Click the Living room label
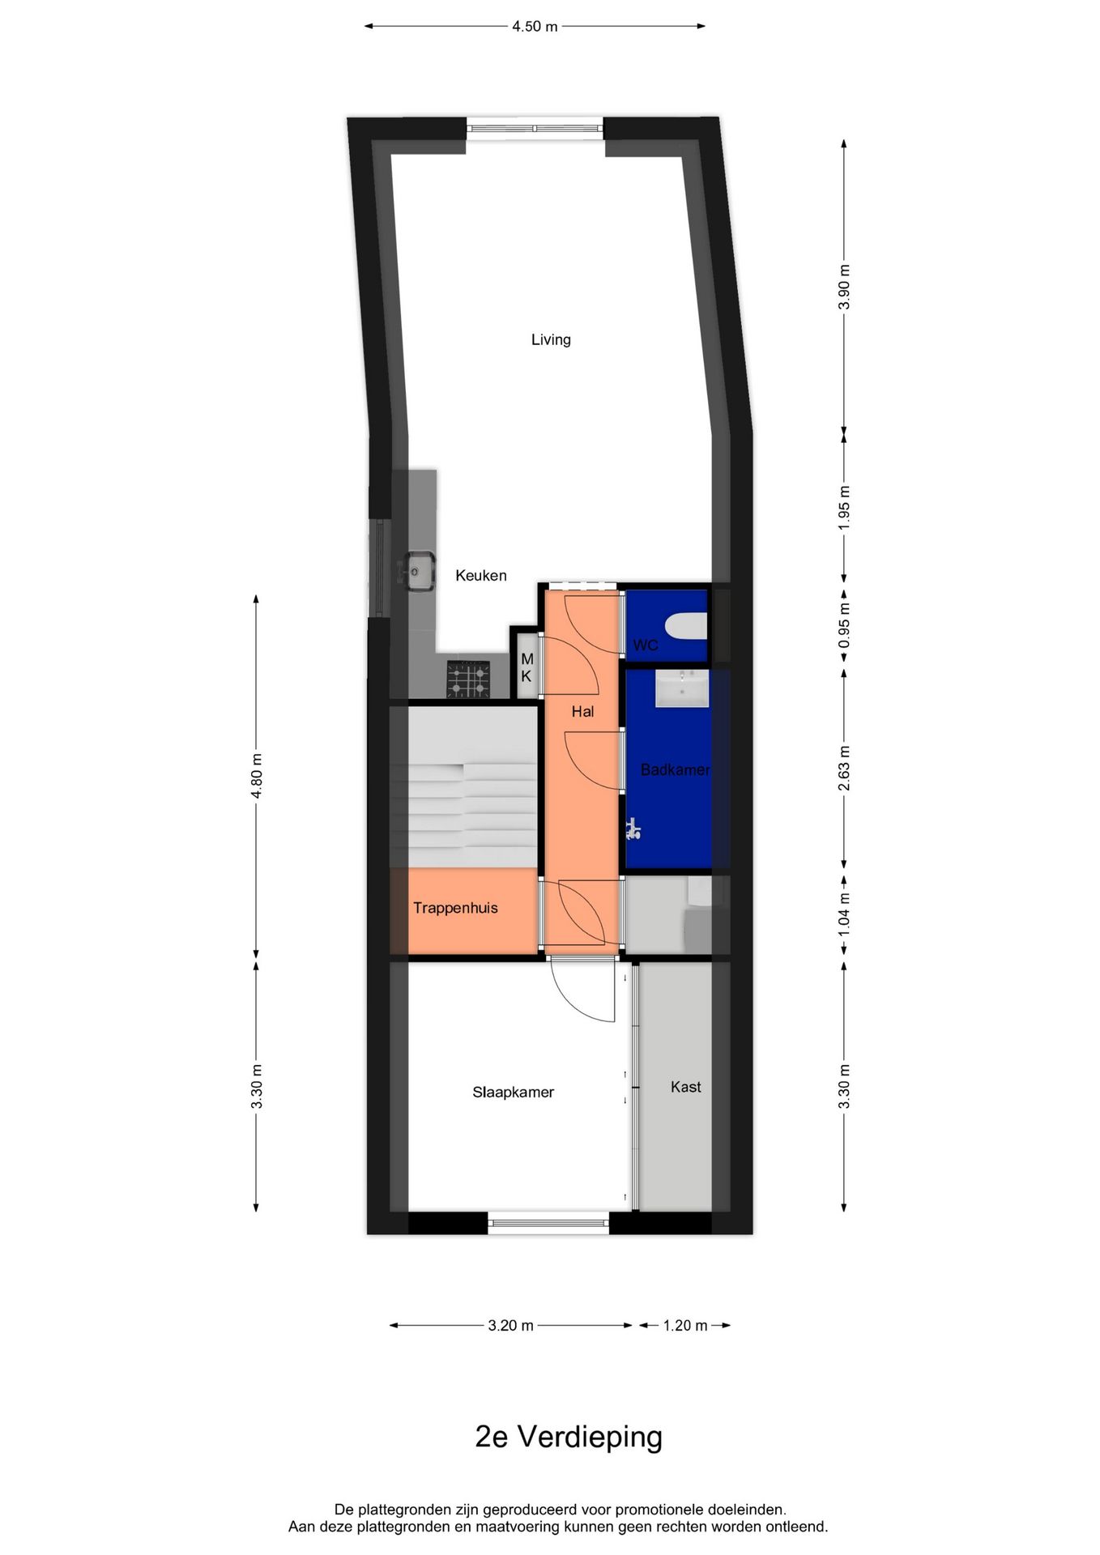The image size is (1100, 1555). [x=551, y=339]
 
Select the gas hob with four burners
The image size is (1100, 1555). [x=468, y=680]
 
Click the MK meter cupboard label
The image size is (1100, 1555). [x=527, y=668]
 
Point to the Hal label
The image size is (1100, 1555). [x=582, y=711]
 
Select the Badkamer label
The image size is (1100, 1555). [x=675, y=769]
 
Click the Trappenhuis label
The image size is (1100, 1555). [x=455, y=908]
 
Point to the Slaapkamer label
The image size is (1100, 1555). [x=513, y=1092]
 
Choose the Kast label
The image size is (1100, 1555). [x=685, y=1087]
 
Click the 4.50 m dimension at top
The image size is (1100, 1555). [x=535, y=27]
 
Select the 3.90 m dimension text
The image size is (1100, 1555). [x=844, y=287]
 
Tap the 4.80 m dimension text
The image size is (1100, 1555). [x=257, y=776]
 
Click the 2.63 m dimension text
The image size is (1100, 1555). [x=844, y=768]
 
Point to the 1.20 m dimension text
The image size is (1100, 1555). [x=684, y=1326]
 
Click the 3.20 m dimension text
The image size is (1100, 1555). [x=510, y=1326]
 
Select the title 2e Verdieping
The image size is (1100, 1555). [x=569, y=1438]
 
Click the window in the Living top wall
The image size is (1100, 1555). [x=535, y=127]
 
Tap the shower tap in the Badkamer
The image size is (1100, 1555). [x=633, y=829]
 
